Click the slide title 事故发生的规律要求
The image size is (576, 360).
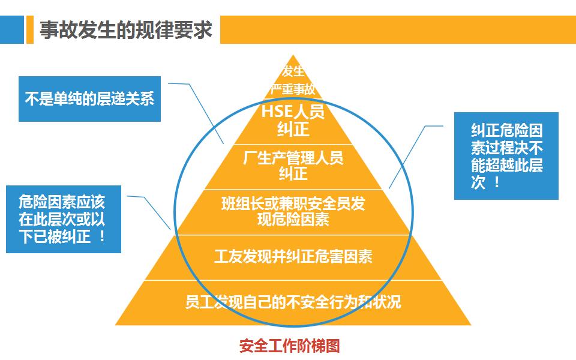tap(126, 30)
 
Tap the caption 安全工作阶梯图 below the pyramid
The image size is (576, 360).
tap(289, 346)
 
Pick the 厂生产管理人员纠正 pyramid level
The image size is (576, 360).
tap(292, 166)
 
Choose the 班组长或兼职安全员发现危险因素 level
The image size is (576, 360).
tap(292, 212)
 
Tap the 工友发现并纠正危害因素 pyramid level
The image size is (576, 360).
tap(293, 257)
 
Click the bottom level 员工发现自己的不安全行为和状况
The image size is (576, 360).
tap(293, 302)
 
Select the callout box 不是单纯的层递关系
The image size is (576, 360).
tap(89, 98)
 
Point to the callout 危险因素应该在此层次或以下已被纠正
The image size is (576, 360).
tap(62, 218)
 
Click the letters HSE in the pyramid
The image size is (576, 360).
tap(275, 112)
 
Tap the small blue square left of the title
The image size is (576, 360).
tap(11, 30)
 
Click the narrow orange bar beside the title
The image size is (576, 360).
tap(29, 30)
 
